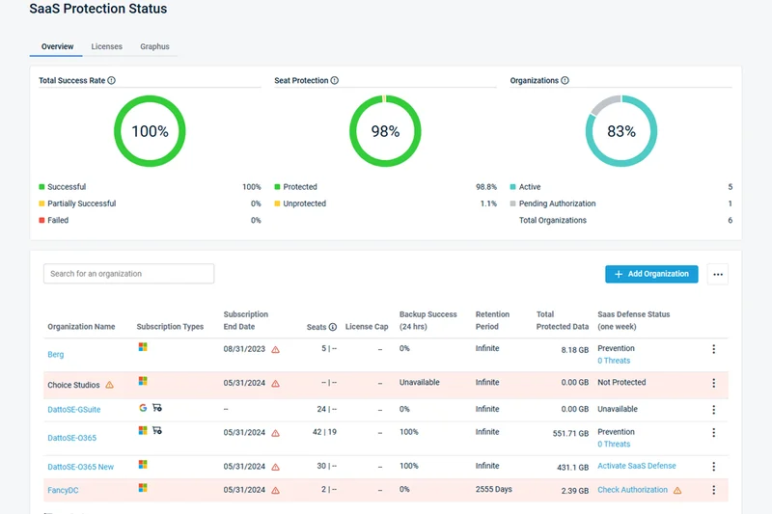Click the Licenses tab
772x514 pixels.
pos(106,46)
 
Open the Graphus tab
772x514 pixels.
pos(154,46)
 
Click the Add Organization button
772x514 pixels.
pos(652,274)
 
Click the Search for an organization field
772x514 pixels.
pos(128,274)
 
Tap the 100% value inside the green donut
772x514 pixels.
pos(150,131)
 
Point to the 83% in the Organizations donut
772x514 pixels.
pos(621,131)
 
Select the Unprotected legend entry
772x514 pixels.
pos(305,203)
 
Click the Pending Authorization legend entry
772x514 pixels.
pos(557,203)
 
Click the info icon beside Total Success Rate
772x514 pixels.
pos(112,81)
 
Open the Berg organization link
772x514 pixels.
pos(56,355)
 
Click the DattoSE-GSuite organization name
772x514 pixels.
pos(74,410)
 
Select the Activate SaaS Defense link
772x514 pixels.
pos(637,466)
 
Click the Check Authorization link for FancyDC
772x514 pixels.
pos(632,490)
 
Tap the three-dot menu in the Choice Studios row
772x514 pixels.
pos(714,384)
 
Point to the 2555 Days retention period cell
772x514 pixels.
pos(494,490)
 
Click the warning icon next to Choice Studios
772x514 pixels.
pos(109,385)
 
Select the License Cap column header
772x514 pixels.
pos(367,327)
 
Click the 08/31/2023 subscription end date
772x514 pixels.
pos(244,349)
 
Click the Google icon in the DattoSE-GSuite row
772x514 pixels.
pos(143,408)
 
